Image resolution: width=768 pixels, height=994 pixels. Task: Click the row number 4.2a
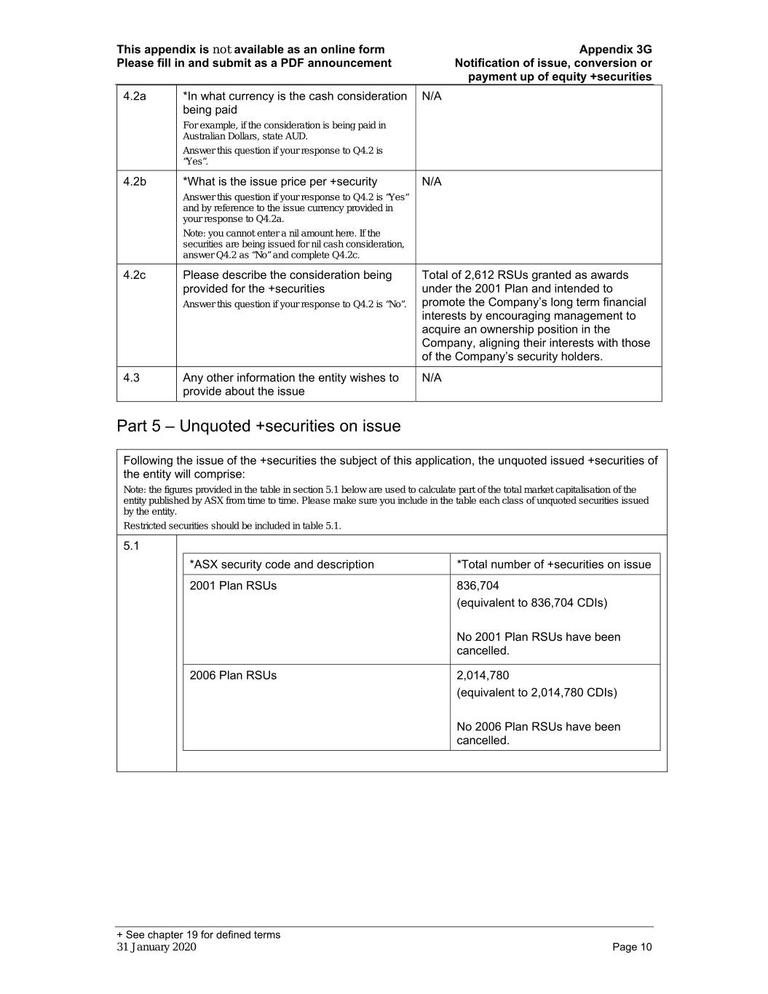point(135,96)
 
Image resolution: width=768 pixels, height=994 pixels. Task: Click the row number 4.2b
point(135,181)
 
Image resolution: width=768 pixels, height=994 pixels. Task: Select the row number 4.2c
point(135,275)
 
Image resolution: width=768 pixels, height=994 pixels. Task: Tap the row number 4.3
point(132,377)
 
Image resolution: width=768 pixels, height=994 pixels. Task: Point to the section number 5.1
point(131,545)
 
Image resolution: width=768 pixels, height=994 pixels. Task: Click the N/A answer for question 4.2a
point(432,96)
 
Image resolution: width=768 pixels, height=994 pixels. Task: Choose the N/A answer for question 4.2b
point(432,181)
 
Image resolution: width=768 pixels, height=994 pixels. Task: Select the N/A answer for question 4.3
point(432,377)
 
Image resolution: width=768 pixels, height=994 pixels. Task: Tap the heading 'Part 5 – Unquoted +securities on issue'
point(258,426)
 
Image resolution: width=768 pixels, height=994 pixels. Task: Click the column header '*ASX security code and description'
point(282,564)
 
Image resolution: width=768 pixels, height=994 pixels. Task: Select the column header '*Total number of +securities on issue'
point(553,564)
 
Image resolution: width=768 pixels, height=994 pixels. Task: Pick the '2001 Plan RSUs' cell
point(233,585)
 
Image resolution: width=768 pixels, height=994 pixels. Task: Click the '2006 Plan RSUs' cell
point(233,675)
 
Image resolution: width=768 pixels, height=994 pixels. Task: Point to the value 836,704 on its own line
point(478,585)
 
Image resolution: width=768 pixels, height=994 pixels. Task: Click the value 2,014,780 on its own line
point(483,675)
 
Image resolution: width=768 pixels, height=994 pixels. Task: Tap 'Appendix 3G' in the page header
point(615,50)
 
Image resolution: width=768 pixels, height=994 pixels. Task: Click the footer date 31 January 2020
point(157,947)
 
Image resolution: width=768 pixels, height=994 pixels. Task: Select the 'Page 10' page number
point(632,947)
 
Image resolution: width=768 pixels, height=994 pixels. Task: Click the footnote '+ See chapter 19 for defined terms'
point(199,934)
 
